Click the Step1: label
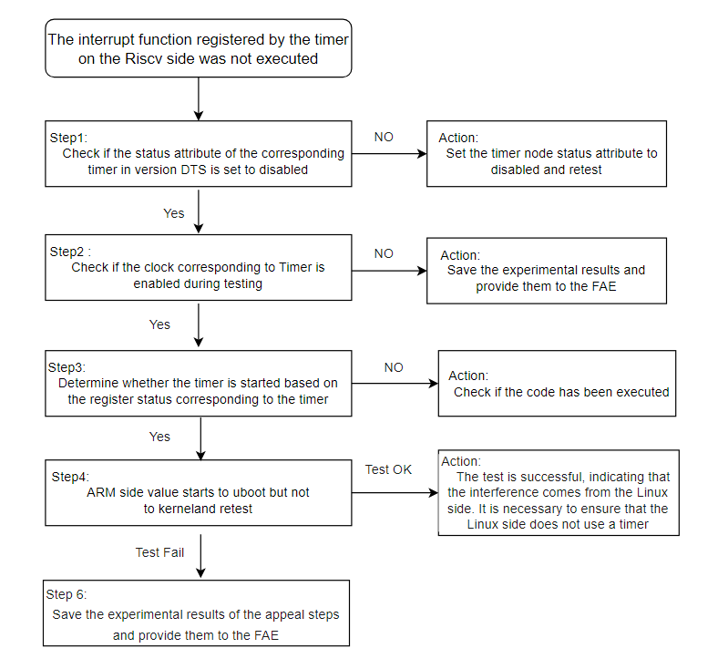pyautogui.click(x=68, y=138)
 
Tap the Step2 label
pyautogui.click(x=67, y=252)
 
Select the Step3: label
pyautogui.click(x=67, y=367)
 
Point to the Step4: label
pyautogui.click(x=70, y=477)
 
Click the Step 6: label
pyautogui.click(x=67, y=594)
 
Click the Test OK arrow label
pyautogui.click(x=388, y=469)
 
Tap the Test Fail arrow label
pyautogui.click(x=159, y=552)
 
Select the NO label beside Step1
pyautogui.click(x=384, y=137)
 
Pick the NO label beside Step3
pyautogui.click(x=394, y=367)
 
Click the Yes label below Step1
pyautogui.click(x=174, y=213)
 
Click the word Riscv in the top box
pyautogui.click(x=144, y=59)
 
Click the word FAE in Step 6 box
pyautogui.click(x=265, y=635)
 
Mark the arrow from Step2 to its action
pyautogui.click(x=389, y=271)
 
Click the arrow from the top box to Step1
pyautogui.click(x=199, y=99)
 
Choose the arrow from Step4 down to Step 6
pyautogui.click(x=200, y=556)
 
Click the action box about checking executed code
pyautogui.click(x=557, y=384)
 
